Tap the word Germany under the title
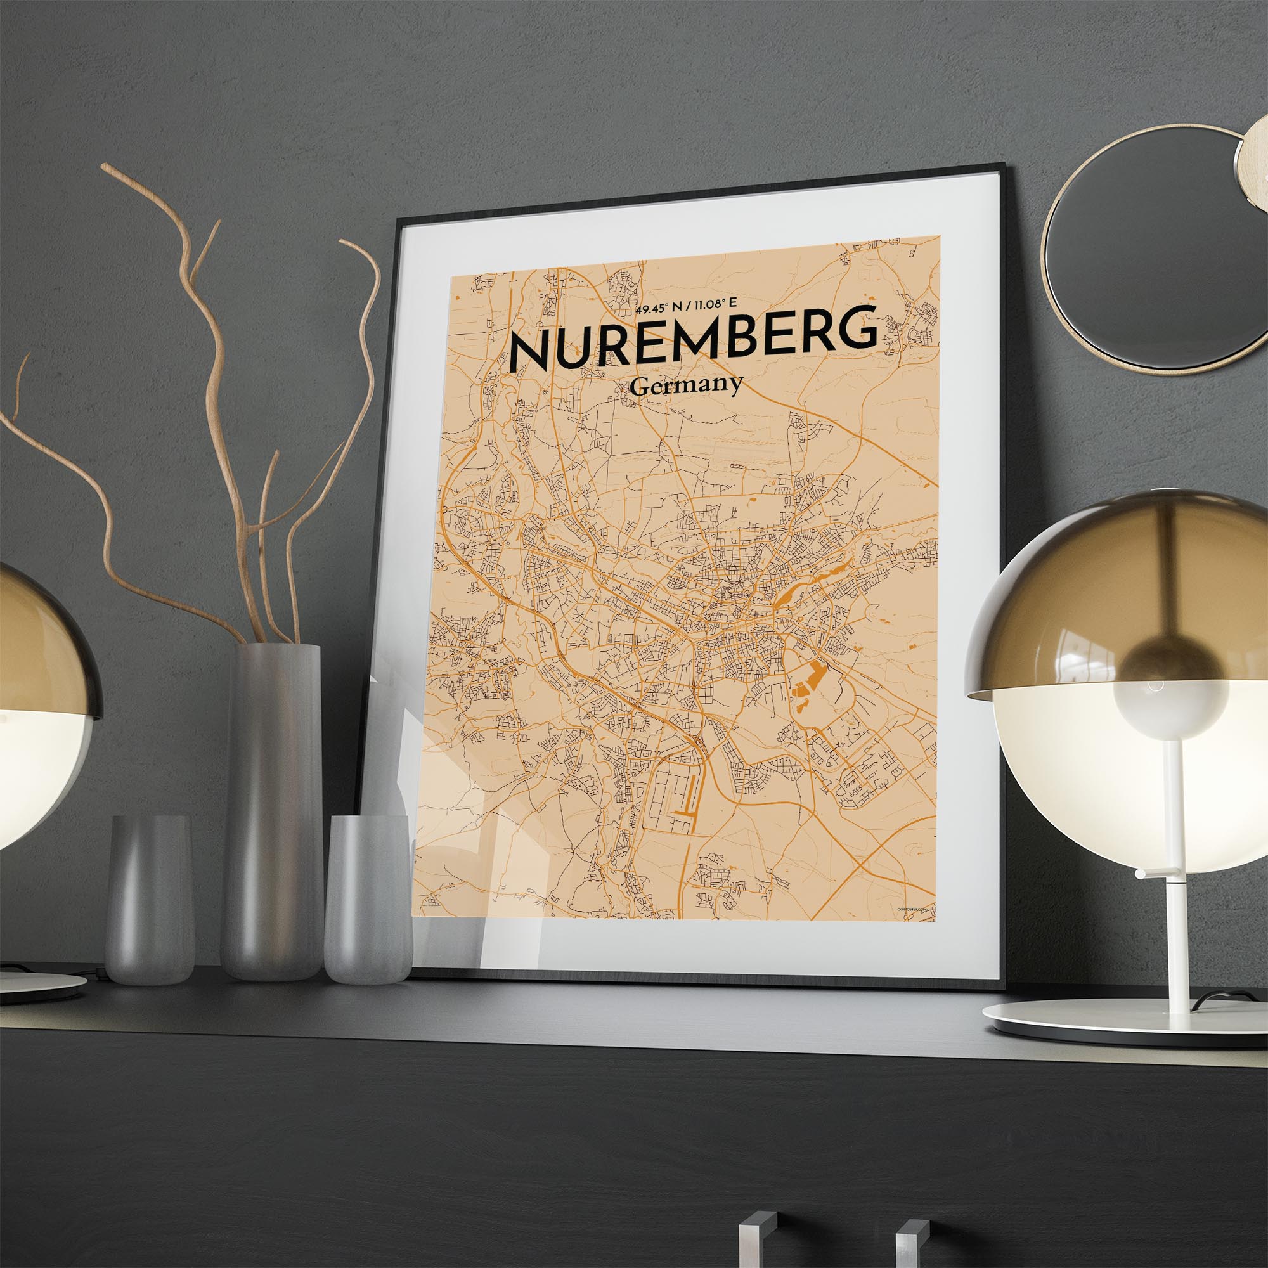[x=686, y=387]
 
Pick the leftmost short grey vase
[x=150, y=899]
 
